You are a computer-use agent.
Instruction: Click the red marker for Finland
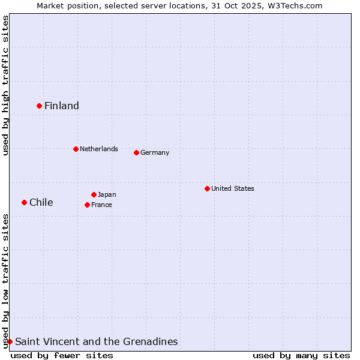pyautogui.click(x=39, y=106)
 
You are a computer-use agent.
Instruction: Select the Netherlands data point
pyautogui.click(x=76, y=149)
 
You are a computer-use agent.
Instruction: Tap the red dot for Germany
pyautogui.click(x=136, y=152)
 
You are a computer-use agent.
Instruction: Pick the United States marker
pyautogui.click(x=207, y=188)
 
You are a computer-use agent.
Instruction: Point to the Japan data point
pyautogui.click(x=94, y=194)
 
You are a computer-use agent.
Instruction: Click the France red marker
pyautogui.click(x=87, y=205)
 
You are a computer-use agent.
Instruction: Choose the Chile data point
pyautogui.click(x=24, y=202)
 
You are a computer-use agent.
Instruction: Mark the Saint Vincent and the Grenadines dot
pyautogui.click(x=10, y=341)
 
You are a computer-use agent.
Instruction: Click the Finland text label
pyautogui.click(x=62, y=106)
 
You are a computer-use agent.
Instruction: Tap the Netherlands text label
pyautogui.click(x=99, y=149)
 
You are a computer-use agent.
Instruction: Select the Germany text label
pyautogui.click(x=155, y=152)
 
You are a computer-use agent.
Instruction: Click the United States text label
pyautogui.click(x=233, y=188)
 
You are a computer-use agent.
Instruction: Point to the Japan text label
pyautogui.click(x=107, y=194)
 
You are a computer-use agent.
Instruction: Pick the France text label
pyautogui.click(x=101, y=205)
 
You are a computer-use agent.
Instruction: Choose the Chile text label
pyautogui.click(x=41, y=203)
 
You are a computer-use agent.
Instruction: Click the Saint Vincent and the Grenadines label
pyautogui.click(x=97, y=342)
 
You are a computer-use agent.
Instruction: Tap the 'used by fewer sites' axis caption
pyautogui.click(x=62, y=355)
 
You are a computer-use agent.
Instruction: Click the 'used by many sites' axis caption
pyautogui.click(x=301, y=355)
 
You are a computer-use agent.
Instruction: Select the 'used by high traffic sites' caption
pyautogui.click(x=5, y=85)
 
